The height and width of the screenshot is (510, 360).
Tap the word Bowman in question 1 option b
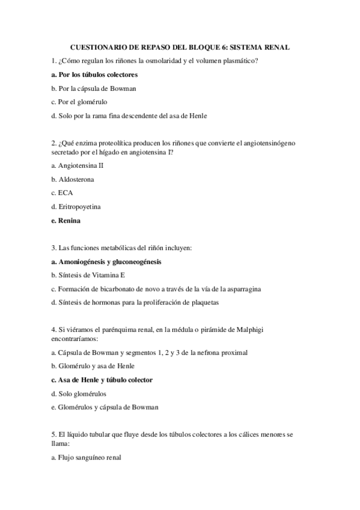[122, 88]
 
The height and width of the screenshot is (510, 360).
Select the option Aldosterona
[73, 179]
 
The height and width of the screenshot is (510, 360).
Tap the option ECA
[63, 193]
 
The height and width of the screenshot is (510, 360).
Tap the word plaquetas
[204, 303]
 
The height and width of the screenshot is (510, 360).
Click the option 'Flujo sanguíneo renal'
[87, 456]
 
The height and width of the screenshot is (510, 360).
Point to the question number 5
[53, 434]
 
